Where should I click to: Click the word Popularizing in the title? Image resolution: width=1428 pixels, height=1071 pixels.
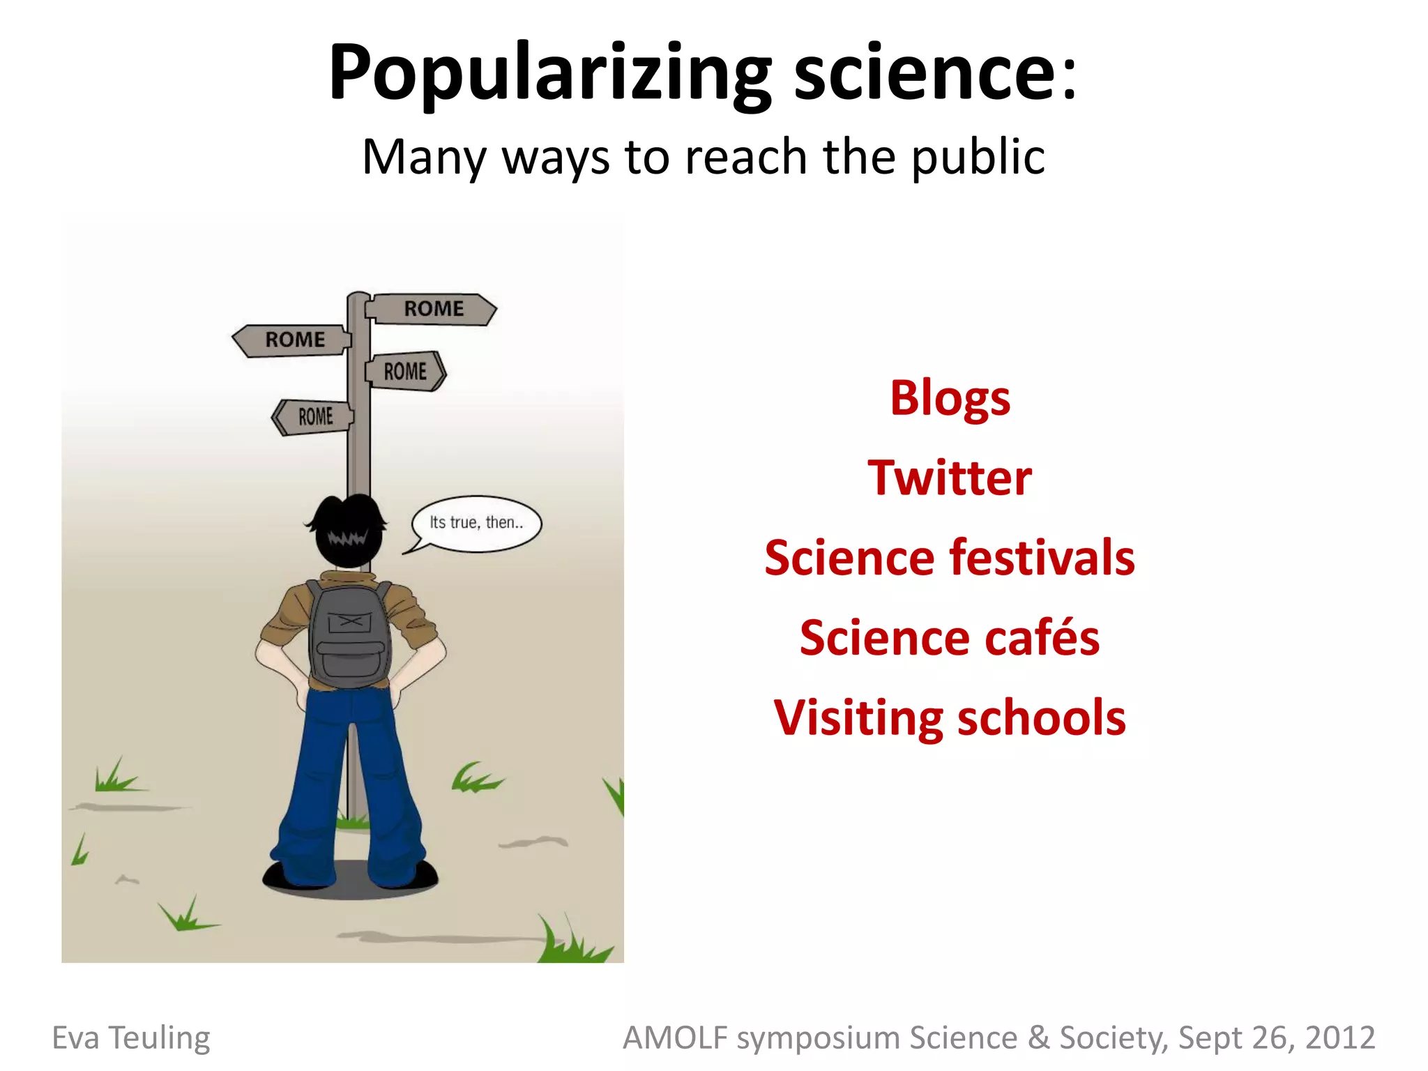click(x=549, y=73)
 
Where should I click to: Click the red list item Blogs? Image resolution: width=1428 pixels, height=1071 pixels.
click(x=950, y=398)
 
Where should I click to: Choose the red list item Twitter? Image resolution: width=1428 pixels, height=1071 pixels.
click(x=950, y=478)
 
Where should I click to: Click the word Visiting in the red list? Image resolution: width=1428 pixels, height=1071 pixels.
click(x=858, y=718)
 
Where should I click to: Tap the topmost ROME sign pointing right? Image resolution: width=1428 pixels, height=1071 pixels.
click(x=432, y=309)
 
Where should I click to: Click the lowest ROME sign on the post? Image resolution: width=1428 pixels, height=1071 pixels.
click(x=314, y=417)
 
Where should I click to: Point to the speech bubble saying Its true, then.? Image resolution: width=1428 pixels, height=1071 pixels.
click(x=476, y=523)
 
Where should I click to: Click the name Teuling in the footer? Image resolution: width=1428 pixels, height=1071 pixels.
click(x=160, y=1038)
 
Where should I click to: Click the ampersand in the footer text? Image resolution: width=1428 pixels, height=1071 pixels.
click(x=1039, y=1038)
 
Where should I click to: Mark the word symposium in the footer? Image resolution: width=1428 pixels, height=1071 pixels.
click(x=819, y=1039)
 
